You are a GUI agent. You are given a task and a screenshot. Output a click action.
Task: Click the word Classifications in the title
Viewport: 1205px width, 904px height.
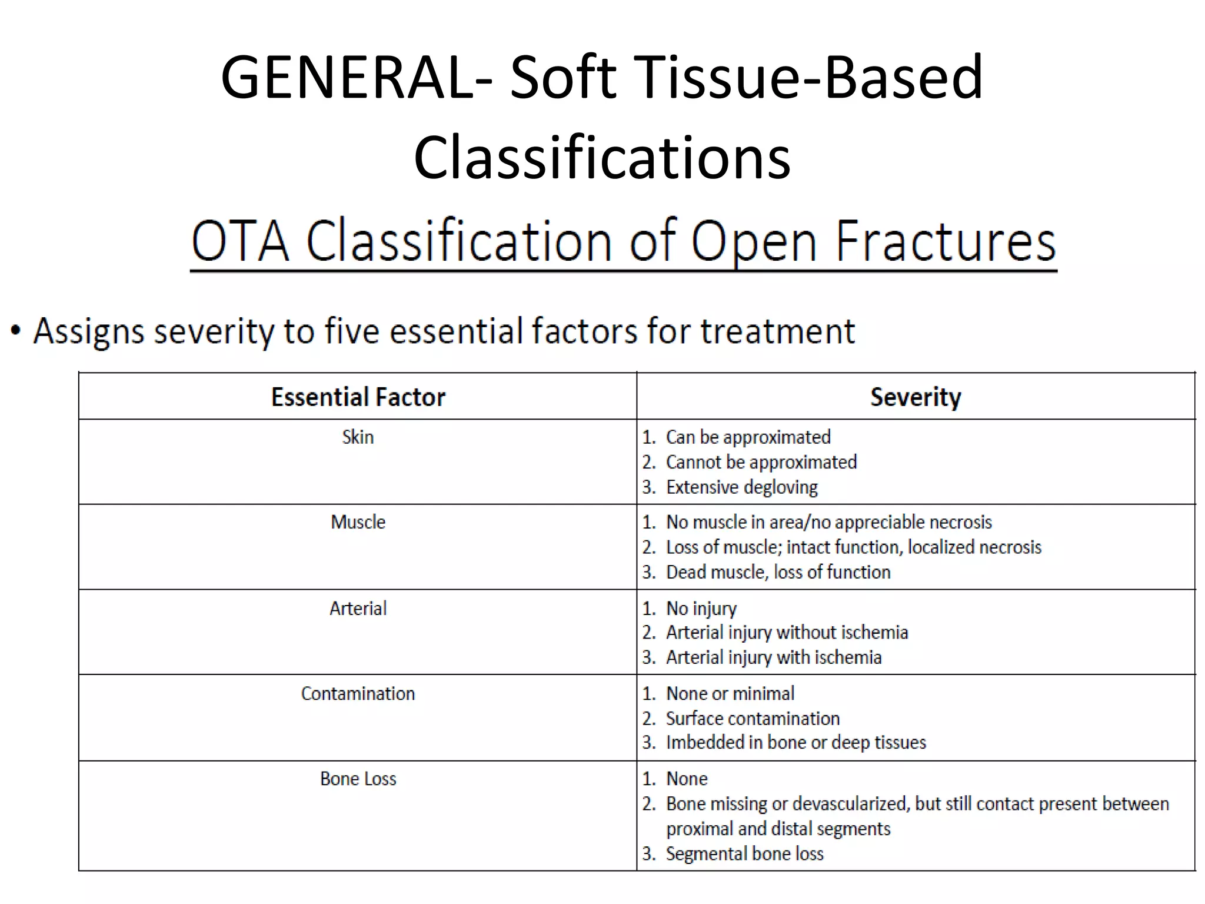(602, 158)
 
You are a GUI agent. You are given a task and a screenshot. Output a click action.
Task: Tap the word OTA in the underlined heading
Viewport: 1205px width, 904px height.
(240, 241)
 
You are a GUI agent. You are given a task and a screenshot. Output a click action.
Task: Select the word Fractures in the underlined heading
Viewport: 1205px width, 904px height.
(946, 241)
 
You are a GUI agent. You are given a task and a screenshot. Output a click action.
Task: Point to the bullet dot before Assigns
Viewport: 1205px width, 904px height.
(16, 331)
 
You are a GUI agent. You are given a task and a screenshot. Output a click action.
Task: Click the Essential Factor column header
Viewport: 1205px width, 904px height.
(358, 397)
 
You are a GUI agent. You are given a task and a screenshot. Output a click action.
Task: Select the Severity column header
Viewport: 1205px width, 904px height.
(916, 397)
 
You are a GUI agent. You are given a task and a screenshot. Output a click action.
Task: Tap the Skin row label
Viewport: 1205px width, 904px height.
(358, 437)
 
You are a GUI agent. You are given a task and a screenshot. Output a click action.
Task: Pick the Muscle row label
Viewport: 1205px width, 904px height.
(358, 522)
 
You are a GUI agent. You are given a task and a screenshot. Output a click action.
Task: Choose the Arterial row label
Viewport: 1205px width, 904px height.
(358, 608)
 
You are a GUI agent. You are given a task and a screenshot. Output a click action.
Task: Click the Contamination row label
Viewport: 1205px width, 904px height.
(358, 693)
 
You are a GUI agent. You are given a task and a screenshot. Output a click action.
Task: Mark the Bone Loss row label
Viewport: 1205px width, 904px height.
(358, 779)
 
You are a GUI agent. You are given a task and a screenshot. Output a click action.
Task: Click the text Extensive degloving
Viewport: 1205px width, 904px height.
(741, 487)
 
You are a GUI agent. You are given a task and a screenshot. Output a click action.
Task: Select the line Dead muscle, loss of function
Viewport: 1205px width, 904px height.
(778, 572)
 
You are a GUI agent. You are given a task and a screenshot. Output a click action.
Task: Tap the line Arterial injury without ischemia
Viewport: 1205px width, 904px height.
(787, 633)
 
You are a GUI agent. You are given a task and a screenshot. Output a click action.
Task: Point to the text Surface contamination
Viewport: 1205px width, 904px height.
(753, 719)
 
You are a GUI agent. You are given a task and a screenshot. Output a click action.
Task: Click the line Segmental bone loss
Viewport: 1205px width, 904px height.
(744, 853)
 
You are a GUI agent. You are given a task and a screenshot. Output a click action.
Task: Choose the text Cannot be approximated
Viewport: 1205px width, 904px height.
(761, 462)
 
